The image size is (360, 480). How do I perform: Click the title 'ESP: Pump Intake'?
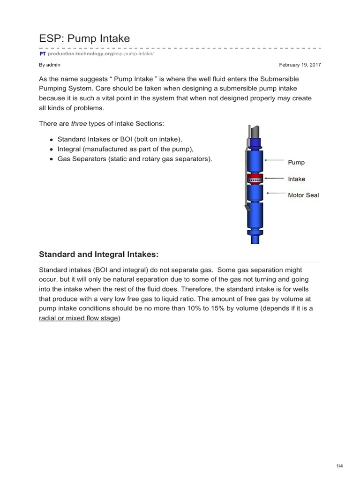pos(84,38)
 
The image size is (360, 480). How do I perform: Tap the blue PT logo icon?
pos(42,54)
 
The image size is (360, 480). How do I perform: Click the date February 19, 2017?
pos(300,65)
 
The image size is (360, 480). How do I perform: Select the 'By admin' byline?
pos(49,65)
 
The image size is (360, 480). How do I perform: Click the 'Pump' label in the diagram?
pos(296,162)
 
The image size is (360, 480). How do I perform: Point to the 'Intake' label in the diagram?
pos(297,179)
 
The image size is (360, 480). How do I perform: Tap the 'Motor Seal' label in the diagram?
pos(303,195)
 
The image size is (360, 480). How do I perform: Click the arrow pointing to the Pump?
pos(274,162)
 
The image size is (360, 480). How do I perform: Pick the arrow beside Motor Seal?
pos(274,193)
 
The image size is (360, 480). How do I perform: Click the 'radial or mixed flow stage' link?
pos(79,317)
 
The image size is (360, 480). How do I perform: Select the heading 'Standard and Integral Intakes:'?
pos(98,254)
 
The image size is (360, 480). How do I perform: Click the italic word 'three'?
pos(78,123)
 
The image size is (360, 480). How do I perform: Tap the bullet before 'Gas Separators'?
pos(51,159)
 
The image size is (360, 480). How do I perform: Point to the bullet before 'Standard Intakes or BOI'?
pos(51,140)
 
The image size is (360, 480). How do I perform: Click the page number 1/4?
pos(340,465)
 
